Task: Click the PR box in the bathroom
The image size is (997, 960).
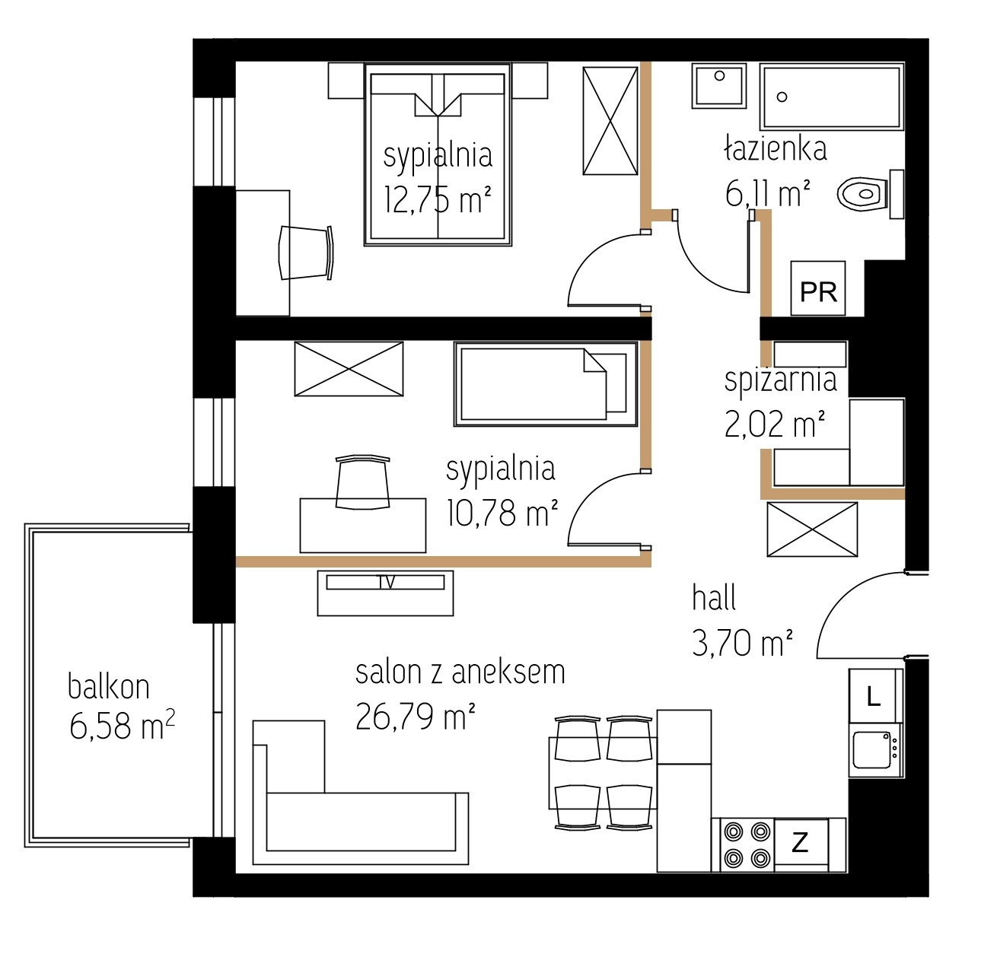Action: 817,288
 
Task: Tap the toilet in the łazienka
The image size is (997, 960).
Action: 870,194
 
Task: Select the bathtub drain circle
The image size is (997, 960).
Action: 782,97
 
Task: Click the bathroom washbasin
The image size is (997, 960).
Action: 718,86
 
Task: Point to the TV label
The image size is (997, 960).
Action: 387,582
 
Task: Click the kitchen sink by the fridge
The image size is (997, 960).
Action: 875,750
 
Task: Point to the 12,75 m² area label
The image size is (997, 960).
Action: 438,199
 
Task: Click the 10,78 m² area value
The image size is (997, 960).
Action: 502,513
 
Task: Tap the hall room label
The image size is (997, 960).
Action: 714,597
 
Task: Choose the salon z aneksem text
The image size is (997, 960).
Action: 460,672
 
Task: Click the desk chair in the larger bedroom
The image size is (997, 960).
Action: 306,253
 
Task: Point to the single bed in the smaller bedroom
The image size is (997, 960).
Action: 546,383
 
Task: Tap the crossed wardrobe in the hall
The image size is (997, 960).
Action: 812,529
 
